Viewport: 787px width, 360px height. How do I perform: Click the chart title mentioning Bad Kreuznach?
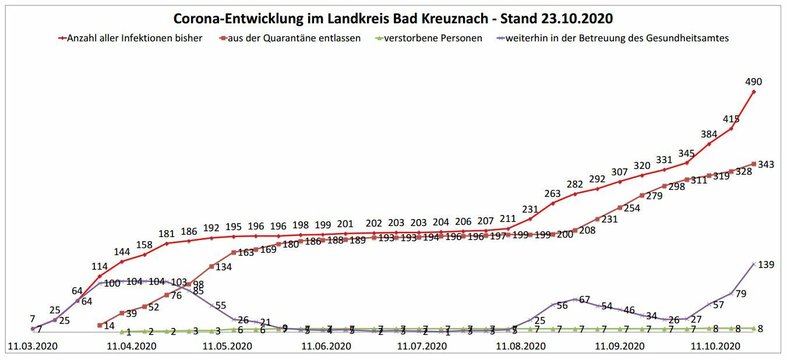pos(393,18)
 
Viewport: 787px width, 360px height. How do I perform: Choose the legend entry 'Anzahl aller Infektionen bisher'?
pos(135,38)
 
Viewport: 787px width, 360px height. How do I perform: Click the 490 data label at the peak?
pos(754,82)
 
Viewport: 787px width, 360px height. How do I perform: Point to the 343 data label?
pos(766,165)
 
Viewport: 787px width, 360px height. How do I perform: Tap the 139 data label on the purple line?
pos(765,265)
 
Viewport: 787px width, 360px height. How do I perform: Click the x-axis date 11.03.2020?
pos(32,346)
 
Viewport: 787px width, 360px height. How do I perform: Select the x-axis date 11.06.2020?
pos(326,346)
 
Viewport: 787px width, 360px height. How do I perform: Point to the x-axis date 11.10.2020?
pos(715,346)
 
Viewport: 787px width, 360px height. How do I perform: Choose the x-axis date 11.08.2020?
pos(521,346)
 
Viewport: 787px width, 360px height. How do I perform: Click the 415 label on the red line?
pos(731,119)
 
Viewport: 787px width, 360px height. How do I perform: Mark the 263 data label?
pos(552,194)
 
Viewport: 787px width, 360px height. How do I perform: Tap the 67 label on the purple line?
pos(584,300)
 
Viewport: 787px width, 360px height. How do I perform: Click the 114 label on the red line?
pos(100,266)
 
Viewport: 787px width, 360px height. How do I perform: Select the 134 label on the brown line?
pos(224,267)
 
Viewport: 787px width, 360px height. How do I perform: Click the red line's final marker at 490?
pos(754,91)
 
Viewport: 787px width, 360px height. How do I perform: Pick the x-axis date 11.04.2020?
pos(132,346)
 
